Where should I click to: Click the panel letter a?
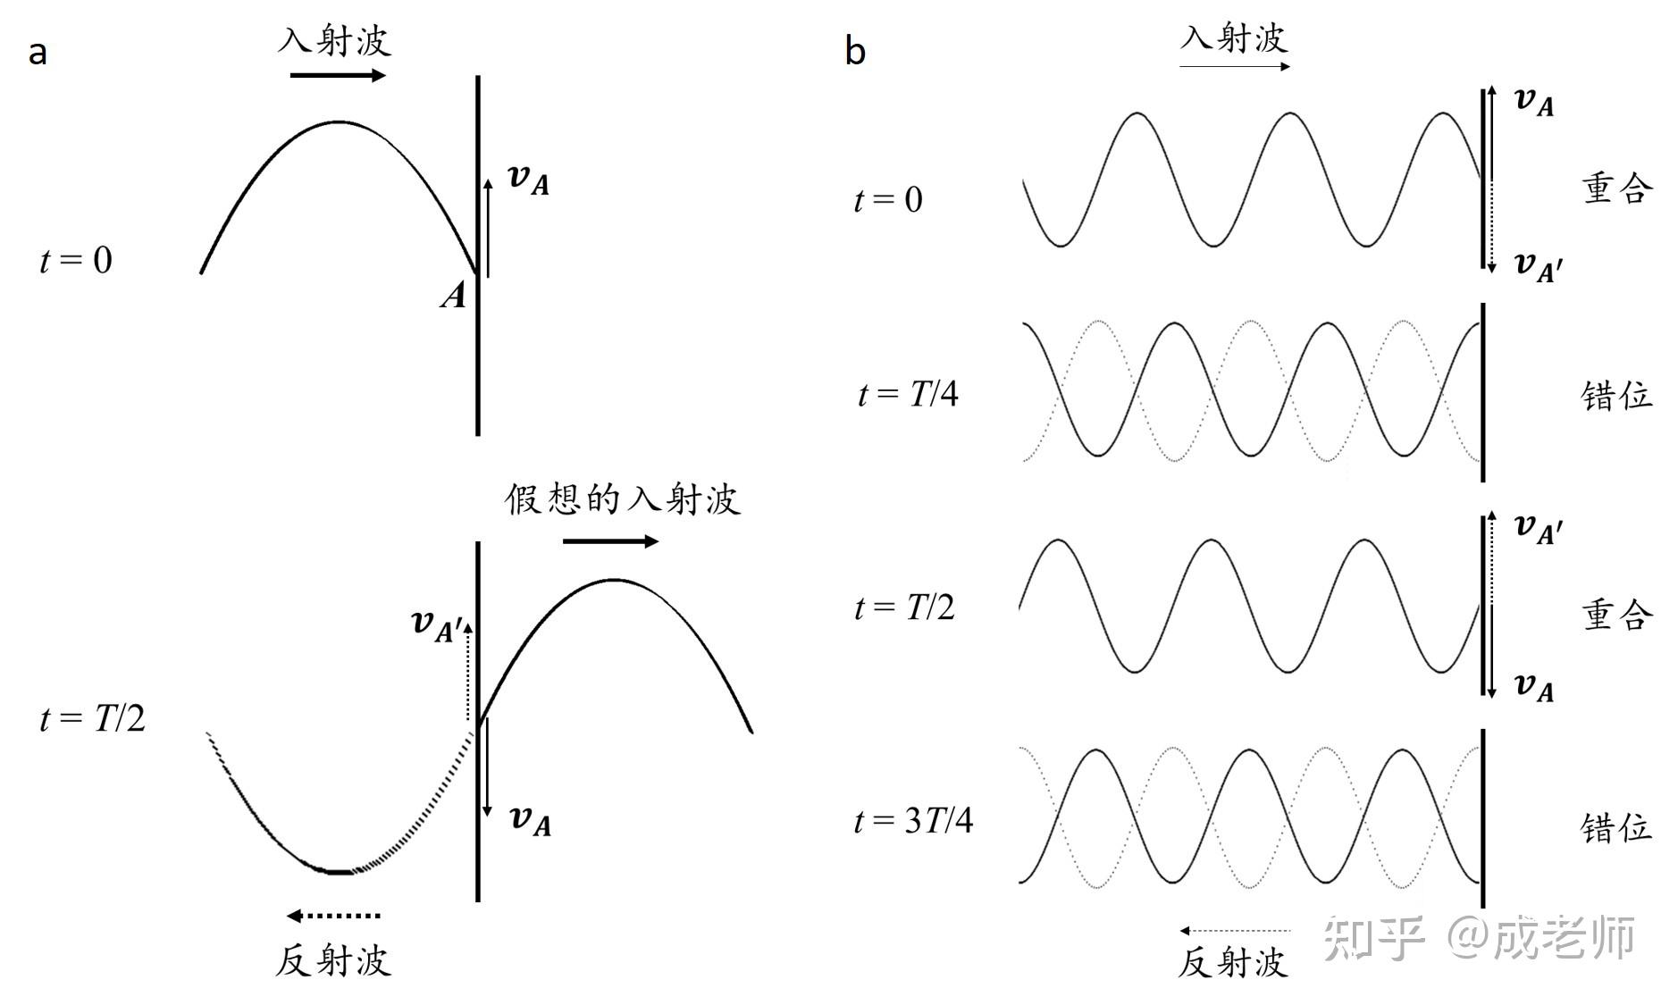[38, 53]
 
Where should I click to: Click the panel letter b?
[855, 51]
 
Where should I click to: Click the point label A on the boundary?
[454, 295]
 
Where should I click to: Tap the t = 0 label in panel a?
[76, 260]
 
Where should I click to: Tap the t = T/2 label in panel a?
[92, 718]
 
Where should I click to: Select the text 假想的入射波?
[622, 498]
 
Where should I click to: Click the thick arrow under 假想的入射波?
[610, 540]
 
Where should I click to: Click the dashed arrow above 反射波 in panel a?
[334, 916]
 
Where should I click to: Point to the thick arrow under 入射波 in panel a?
[338, 75]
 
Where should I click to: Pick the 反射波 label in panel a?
[333, 961]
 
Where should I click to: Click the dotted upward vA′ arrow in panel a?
[467, 670]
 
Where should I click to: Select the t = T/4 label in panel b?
[908, 394]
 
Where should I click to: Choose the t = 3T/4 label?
[913, 820]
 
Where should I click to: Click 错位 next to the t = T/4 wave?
[1616, 395]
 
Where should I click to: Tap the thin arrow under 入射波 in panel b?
[1234, 67]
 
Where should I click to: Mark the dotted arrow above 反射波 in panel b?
[1234, 931]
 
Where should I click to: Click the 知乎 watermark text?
[1373, 938]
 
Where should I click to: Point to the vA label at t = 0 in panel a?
[529, 180]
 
